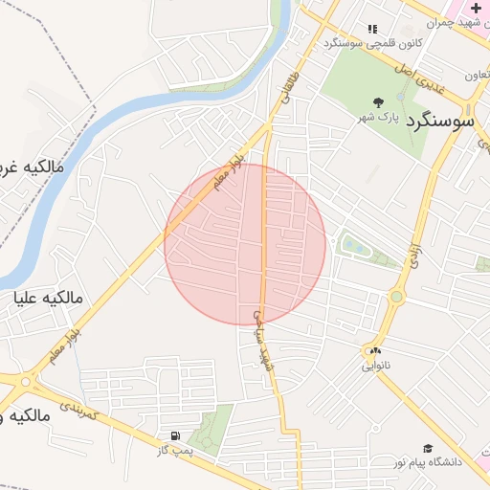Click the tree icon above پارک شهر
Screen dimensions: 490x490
tap(379, 101)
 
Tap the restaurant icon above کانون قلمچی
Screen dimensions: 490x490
tap(372, 30)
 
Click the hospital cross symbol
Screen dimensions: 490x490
tap(476, 8)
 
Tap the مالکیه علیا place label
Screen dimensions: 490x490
tap(49, 299)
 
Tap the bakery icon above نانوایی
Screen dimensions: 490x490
tap(375, 351)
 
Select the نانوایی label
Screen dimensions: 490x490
tap(375, 366)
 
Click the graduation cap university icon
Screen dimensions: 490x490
tap(428, 448)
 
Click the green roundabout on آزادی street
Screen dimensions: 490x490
tap(396, 297)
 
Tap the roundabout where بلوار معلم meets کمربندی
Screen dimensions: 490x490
tap(24, 380)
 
